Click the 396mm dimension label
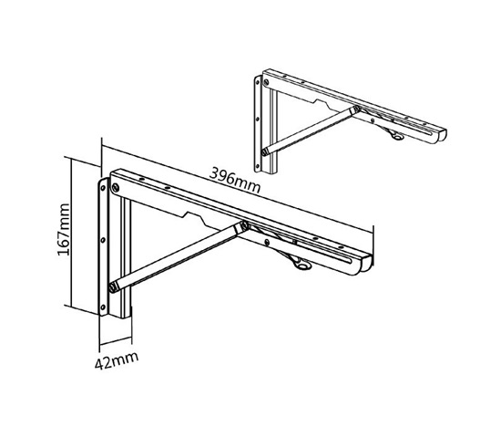[x=234, y=181]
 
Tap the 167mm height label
[x=64, y=229]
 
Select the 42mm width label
[x=117, y=360]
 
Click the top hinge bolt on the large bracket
[x=116, y=187]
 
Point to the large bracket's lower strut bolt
[x=113, y=287]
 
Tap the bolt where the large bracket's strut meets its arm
[x=244, y=225]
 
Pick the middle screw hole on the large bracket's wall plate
[x=103, y=240]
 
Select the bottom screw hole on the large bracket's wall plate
[x=103, y=307]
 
